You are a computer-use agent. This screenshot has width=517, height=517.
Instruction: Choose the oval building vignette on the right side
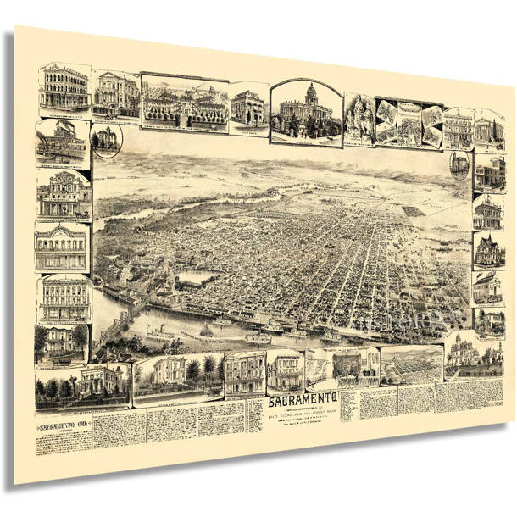click(x=459, y=163)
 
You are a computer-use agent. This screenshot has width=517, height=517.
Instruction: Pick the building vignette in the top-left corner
click(x=64, y=89)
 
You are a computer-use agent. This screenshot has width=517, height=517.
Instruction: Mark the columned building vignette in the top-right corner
click(x=489, y=129)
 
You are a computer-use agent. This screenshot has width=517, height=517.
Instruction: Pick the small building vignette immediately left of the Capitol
click(x=249, y=108)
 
